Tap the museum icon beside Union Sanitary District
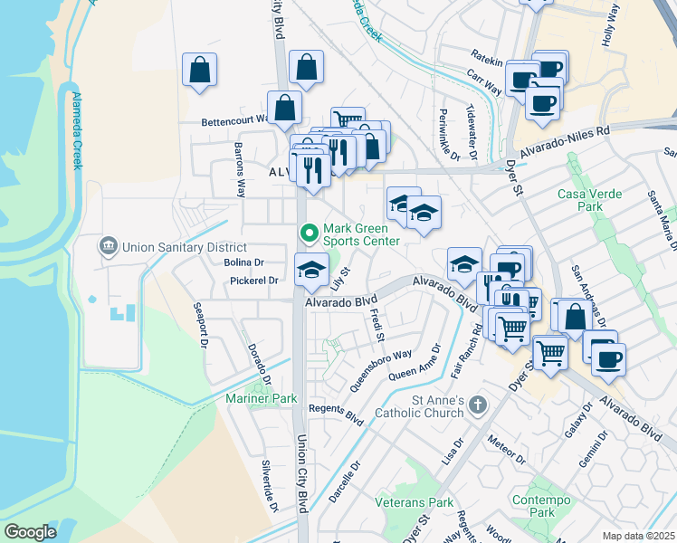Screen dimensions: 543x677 [x=108, y=246]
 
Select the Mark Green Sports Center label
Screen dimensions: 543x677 [x=362, y=234]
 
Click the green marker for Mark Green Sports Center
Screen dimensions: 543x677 [x=310, y=233]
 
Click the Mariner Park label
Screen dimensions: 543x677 [x=262, y=398]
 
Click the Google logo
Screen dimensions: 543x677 [x=30, y=532]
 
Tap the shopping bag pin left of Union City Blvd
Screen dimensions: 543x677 [x=199, y=71]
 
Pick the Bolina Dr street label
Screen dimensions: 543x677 [x=243, y=262]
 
